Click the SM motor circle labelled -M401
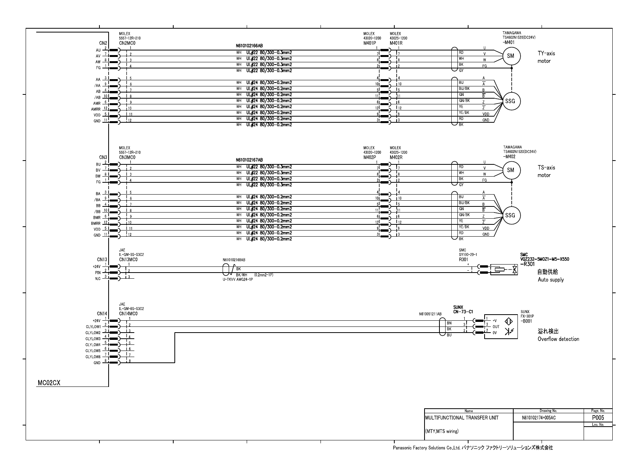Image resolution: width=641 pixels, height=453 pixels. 510,56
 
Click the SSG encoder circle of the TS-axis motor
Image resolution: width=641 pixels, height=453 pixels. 510,215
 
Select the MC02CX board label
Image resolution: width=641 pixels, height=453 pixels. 49,383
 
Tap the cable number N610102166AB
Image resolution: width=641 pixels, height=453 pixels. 249,45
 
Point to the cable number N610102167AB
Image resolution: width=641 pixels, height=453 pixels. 249,160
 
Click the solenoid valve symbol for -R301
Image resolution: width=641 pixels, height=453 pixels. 504,270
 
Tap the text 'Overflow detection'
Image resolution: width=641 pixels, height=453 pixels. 558,339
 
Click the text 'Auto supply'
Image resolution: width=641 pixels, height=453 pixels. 550,280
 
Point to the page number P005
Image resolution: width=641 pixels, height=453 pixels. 598,418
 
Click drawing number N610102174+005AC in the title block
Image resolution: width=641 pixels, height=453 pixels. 539,418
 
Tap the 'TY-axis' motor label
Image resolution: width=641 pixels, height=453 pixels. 546,54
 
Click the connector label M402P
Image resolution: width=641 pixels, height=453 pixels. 369,157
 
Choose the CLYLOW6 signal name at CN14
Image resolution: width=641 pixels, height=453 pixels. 93,357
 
